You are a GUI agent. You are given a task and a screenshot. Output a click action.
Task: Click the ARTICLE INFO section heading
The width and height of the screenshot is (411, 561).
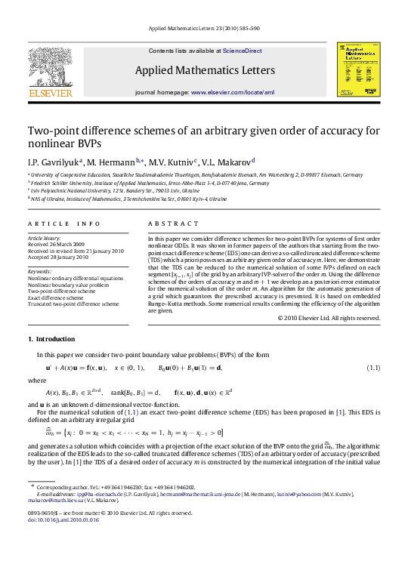tap(64, 224)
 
